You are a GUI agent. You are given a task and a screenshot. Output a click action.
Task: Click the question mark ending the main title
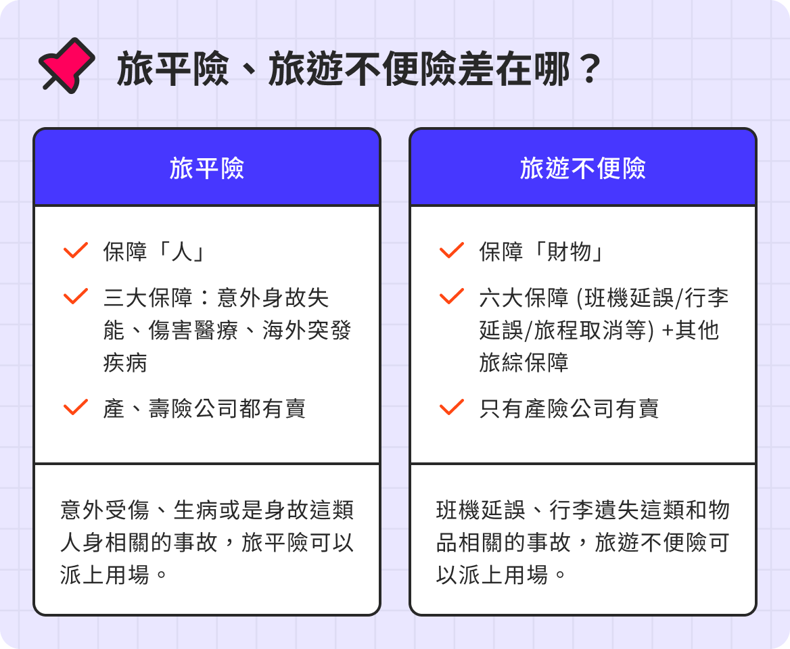(590, 69)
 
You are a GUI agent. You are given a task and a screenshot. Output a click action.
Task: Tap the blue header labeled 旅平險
(207, 168)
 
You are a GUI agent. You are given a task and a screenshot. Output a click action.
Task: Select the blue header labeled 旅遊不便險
(583, 168)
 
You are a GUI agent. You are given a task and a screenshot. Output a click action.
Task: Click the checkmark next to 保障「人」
(76, 250)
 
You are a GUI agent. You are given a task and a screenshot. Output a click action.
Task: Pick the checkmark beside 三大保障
(76, 296)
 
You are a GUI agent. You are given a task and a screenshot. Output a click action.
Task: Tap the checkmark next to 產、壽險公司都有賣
(76, 407)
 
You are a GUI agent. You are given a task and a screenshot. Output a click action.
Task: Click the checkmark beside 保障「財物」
(452, 250)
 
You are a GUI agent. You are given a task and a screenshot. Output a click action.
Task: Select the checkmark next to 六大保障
(452, 296)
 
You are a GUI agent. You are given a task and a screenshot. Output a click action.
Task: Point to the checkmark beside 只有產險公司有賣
(452, 407)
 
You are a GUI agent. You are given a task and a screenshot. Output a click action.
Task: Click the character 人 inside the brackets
(182, 251)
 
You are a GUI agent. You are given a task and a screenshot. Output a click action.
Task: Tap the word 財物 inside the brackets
(570, 251)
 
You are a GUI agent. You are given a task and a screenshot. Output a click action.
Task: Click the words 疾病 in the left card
(125, 362)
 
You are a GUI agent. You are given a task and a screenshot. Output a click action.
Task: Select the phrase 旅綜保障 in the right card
(524, 362)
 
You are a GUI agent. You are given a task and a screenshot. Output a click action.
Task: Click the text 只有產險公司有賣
(569, 408)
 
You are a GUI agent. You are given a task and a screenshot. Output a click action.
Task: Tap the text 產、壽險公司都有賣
(204, 408)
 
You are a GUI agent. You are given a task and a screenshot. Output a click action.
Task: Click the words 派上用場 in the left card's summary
(105, 575)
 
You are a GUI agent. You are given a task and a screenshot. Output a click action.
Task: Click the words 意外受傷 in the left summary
(105, 510)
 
